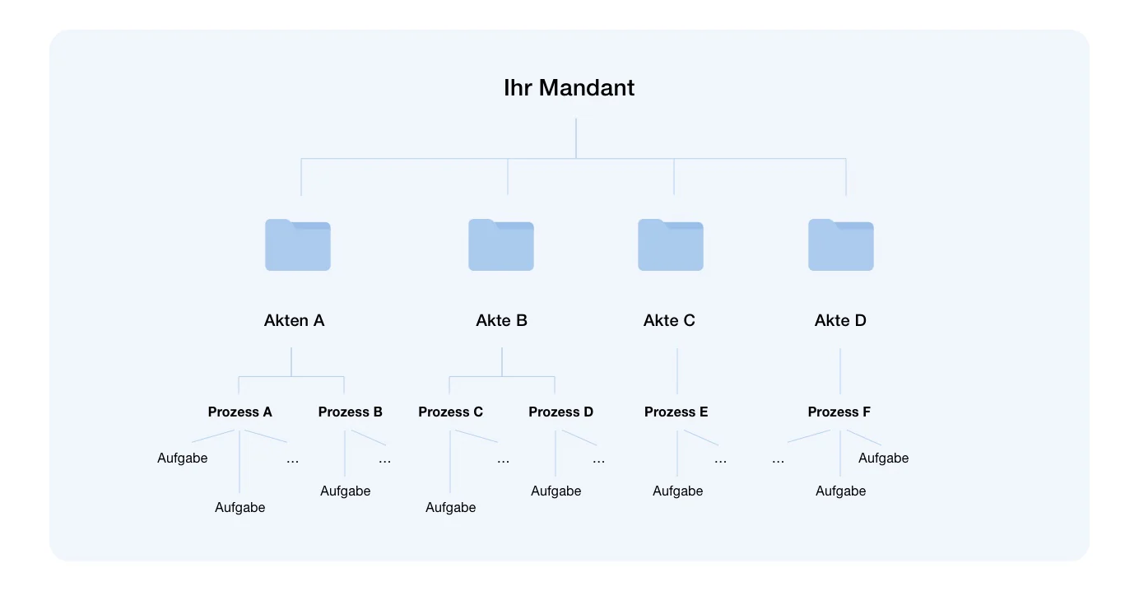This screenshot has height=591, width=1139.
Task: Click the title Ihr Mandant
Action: point(569,87)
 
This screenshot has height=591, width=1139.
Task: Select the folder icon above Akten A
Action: point(298,244)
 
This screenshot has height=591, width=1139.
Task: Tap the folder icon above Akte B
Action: point(501,244)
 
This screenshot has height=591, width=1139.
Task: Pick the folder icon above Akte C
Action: point(671,244)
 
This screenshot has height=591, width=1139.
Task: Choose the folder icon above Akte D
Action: point(841,244)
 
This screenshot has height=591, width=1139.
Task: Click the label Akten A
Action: point(294,320)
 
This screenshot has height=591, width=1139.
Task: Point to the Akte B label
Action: point(501,320)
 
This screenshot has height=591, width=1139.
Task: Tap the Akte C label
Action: point(669,320)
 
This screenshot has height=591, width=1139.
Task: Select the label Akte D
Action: point(840,320)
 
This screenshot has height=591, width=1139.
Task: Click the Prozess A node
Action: point(240,412)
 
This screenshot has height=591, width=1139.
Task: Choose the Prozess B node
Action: point(351,412)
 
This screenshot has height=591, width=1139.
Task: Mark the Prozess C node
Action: point(450,412)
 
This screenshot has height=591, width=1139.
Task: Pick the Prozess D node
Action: point(560,412)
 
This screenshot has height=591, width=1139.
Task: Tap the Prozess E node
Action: point(676,412)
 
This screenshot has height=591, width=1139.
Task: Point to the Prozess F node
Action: point(839,412)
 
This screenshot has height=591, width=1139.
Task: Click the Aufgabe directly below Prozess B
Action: point(346,491)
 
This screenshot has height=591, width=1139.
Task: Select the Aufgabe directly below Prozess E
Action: point(678,491)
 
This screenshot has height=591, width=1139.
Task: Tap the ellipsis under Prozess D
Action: point(598,461)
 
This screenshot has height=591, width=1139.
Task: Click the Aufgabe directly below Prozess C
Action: point(450,508)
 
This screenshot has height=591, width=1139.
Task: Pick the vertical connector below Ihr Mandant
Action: point(576,138)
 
